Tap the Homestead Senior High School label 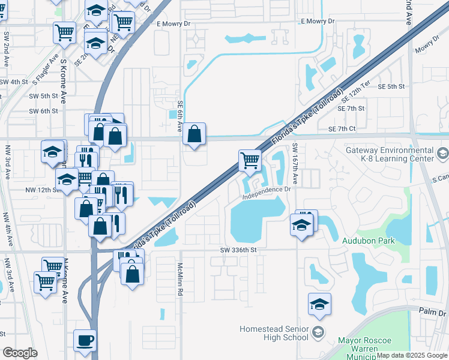pos(274,333)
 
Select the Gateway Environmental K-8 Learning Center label pos(389,154)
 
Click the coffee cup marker pos(85,341)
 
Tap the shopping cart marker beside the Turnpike pos(250,161)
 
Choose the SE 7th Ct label pos(342,129)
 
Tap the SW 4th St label pos(14,82)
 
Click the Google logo pos(20,353)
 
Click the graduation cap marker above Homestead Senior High pos(319,304)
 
